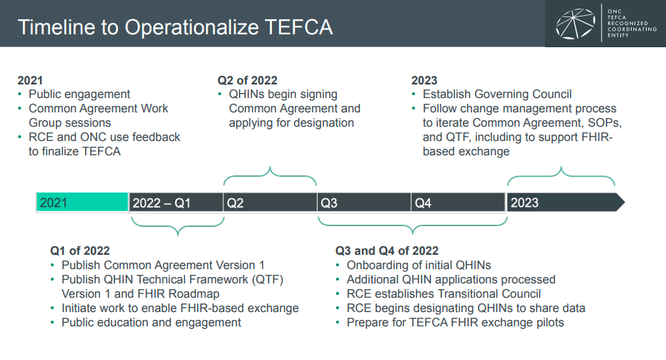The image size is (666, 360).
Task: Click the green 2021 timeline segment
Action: coord(82,203)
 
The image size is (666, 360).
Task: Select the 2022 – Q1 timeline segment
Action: coord(176,203)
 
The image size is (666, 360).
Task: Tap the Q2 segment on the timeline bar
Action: coord(270,203)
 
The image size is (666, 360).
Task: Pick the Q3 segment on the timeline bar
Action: coord(364,203)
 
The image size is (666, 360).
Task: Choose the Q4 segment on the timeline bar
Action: coord(459,203)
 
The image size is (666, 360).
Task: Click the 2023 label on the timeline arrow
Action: coord(524,203)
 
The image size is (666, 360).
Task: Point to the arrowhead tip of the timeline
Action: coord(625,203)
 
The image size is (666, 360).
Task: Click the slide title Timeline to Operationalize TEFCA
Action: coord(175,27)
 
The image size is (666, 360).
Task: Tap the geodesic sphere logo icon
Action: coord(575,24)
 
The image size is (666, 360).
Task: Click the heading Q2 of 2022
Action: coord(248,80)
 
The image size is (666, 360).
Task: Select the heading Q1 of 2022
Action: coord(80,250)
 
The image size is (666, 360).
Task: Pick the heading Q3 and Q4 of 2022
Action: coord(386,250)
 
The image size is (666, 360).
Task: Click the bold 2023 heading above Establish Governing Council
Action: coord(424,80)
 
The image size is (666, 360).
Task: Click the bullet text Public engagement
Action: coord(79,94)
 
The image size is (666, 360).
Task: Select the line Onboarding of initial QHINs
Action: coord(418,266)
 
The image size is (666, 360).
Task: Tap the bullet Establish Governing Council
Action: coord(497,94)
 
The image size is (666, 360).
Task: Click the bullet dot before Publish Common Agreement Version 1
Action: coord(52,266)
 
